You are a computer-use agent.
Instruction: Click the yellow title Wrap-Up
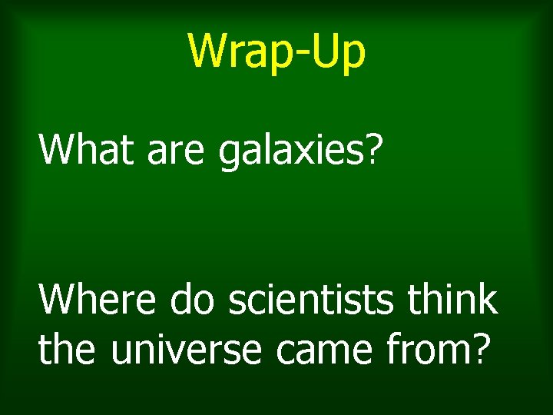coord(276,51)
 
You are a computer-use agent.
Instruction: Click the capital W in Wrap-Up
coord(205,51)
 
